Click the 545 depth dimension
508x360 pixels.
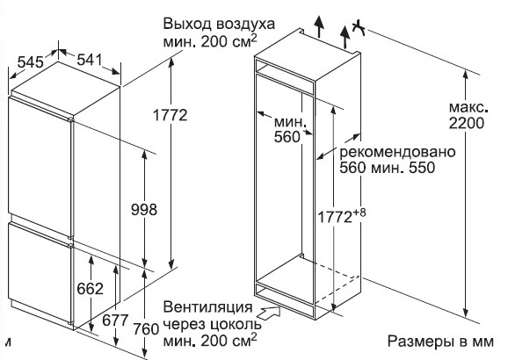(x=31, y=61)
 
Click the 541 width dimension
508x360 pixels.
(x=90, y=60)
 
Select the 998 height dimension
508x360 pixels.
(x=144, y=210)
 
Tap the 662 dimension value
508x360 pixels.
(x=90, y=289)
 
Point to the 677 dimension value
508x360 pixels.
(x=115, y=320)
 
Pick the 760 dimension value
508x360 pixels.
(x=146, y=329)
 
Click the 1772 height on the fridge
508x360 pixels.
(x=171, y=115)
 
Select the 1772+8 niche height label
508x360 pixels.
(x=342, y=216)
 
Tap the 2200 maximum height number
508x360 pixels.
(x=467, y=123)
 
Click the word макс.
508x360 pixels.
(x=468, y=107)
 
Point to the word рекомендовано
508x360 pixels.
(x=397, y=152)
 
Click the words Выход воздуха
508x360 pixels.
(x=219, y=25)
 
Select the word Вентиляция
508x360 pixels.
(x=208, y=307)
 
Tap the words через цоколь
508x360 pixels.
(x=212, y=324)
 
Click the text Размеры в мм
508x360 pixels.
(x=440, y=342)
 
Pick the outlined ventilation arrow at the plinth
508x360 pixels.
(x=269, y=313)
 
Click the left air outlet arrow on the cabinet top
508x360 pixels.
(x=319, y=26)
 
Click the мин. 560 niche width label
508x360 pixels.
(x=290, y=130)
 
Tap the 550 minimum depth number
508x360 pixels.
(x=422, y=168)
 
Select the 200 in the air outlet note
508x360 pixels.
(x=214, y=42)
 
